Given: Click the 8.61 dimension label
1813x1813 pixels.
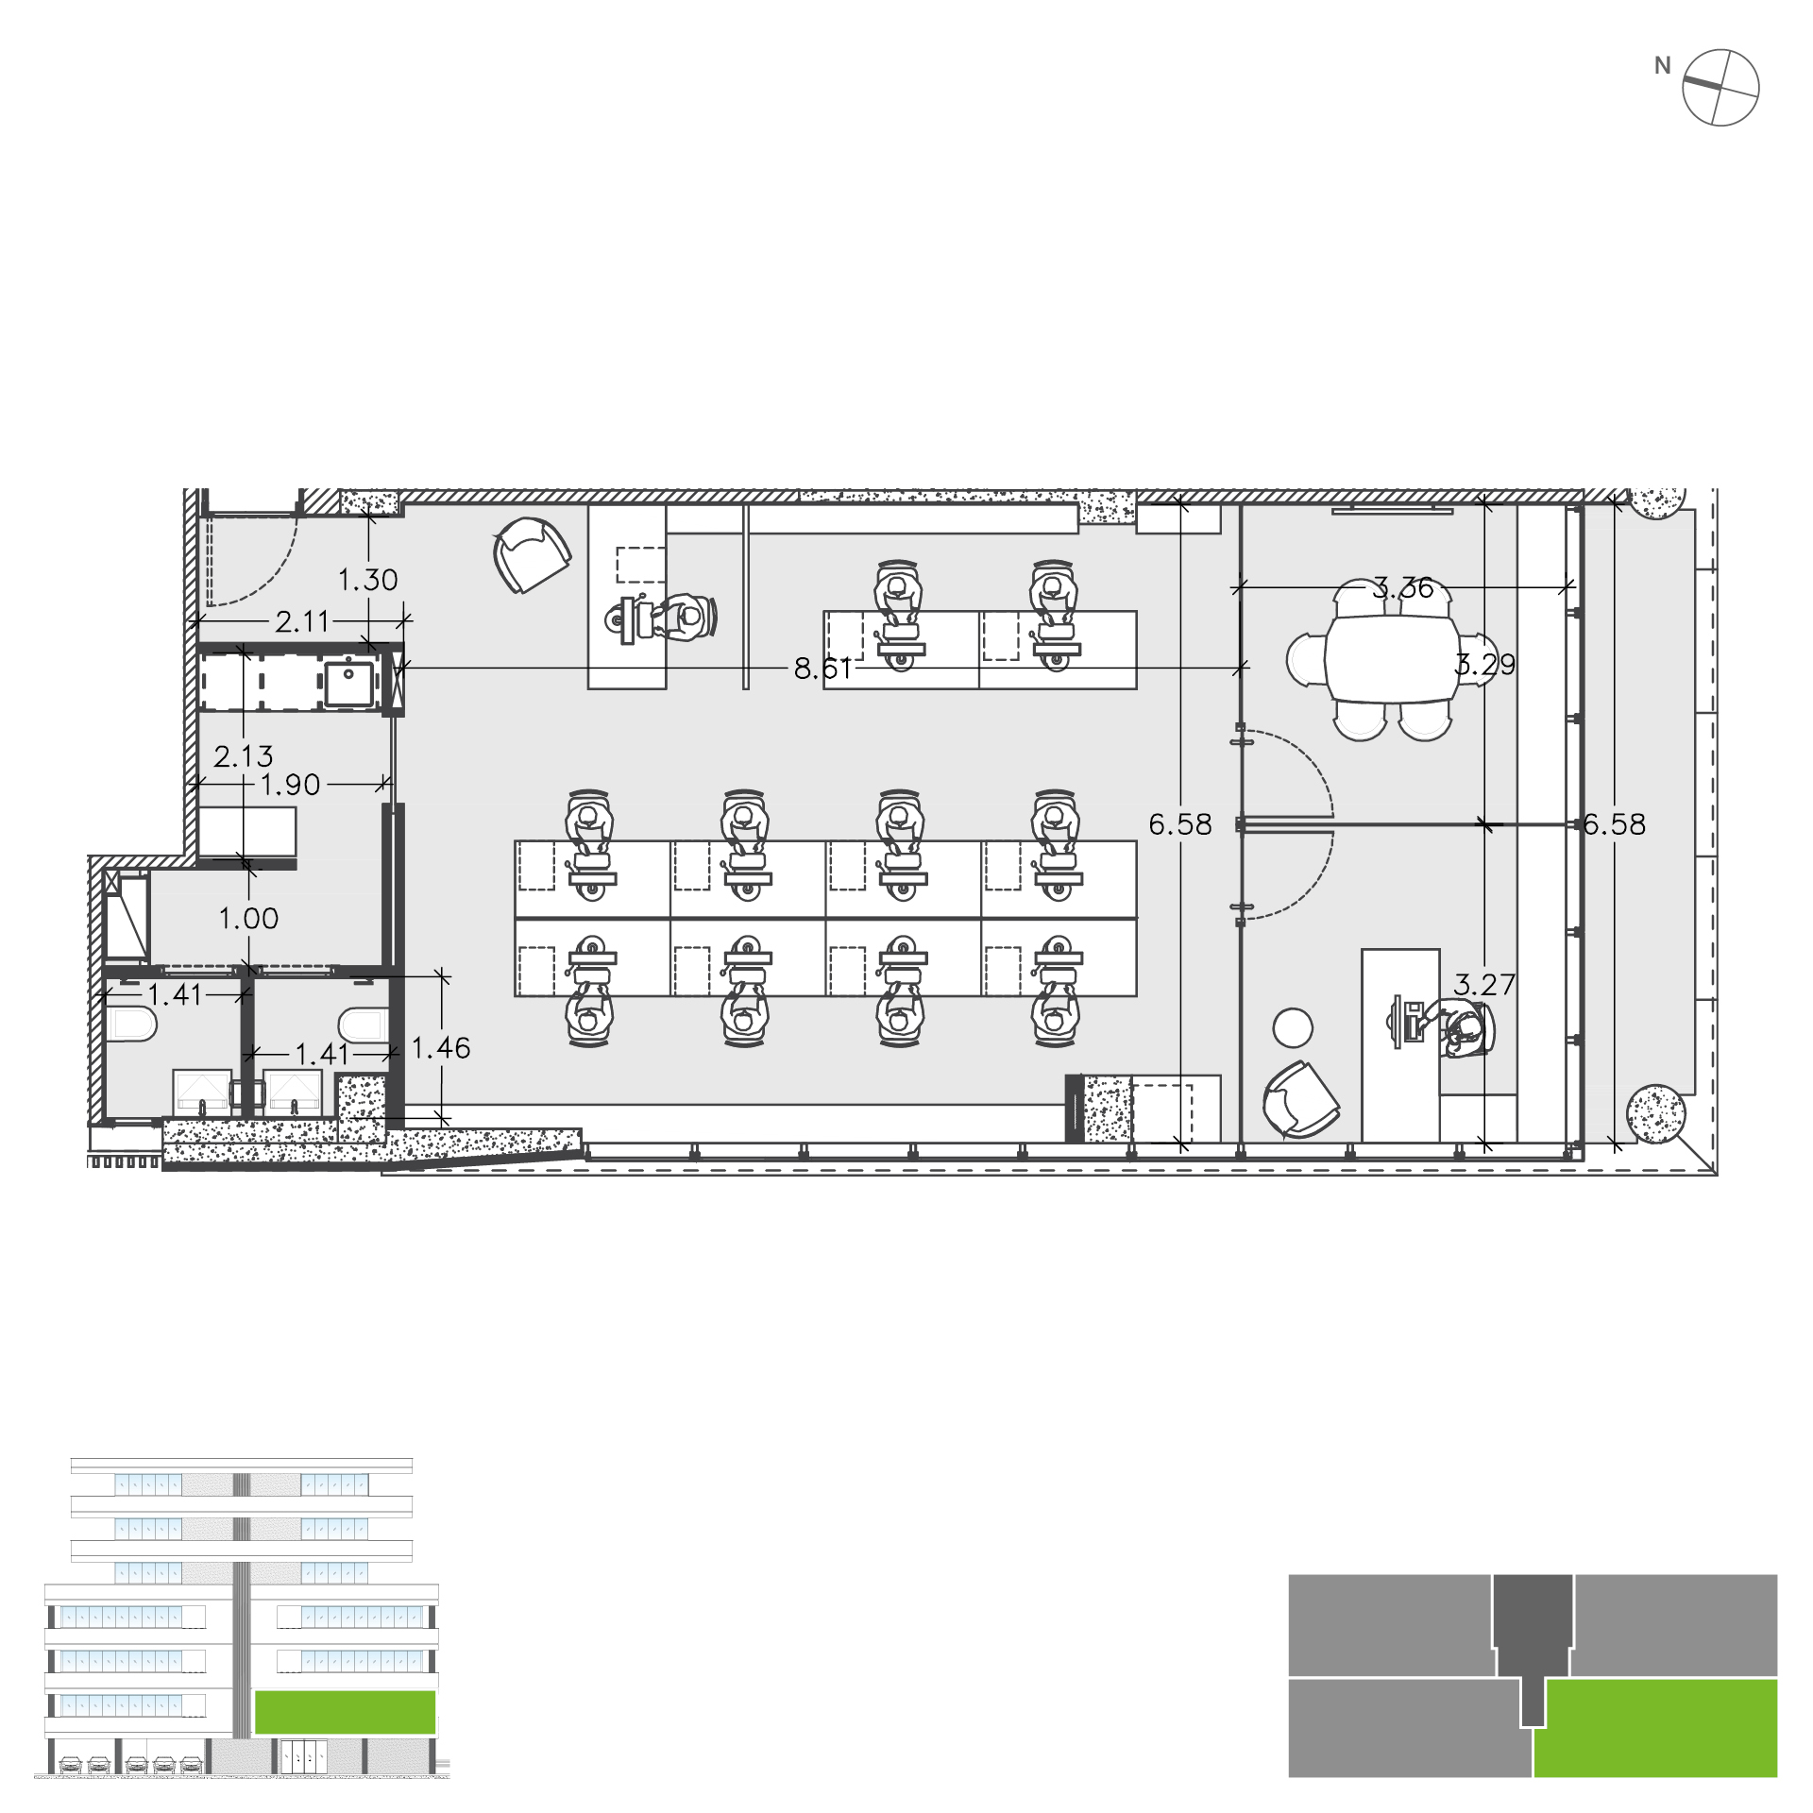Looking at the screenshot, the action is (x=822, y=669).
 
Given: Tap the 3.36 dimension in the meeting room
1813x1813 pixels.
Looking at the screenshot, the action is (x=1402, y=588).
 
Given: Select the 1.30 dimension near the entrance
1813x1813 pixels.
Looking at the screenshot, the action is (x=368, y=580).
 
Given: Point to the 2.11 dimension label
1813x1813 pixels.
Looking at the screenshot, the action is (x=302, y=621).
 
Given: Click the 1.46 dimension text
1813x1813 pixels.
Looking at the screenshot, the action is (x=441, y=1048).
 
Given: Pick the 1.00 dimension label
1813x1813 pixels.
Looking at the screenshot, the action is (x=248, y=919).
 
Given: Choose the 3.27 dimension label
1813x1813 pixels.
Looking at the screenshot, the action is (x=1484, y=985).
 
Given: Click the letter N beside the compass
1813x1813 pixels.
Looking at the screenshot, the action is (x=1663, y=66).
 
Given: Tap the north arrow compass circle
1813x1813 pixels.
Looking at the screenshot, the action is (x=1721, y=87).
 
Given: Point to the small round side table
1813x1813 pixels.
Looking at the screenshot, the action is (x=1293, y=1028).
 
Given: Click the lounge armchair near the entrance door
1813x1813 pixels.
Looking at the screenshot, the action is (x=532, y=555).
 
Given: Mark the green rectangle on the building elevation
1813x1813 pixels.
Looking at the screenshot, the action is (x=345, y=1712).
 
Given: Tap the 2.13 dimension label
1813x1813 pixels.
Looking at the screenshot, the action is (x=244, y=756).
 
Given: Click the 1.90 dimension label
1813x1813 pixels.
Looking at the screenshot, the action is (x=290, y=785).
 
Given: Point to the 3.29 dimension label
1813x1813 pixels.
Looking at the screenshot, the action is (x=1485, y=665).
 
